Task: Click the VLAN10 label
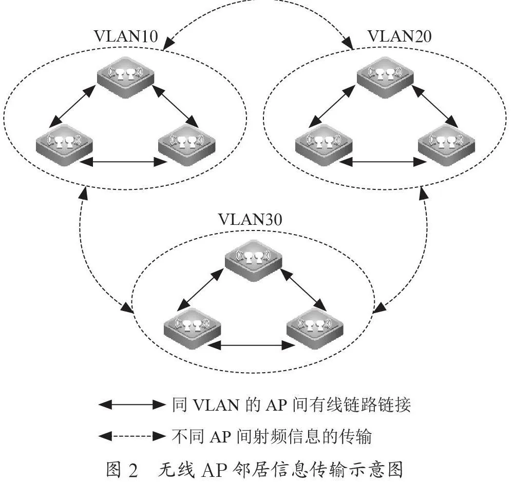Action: pyautogui.click(x=126, y=36)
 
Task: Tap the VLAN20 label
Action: pyautogui.click(x=400, y=36)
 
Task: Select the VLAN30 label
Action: pyautogui.click(x=250, y=219)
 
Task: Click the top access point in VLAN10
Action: pyautogui.click(x=126, y=77)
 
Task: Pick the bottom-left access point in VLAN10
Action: pyautogui.click(x=64, y=145)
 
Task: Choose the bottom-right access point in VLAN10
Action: pyautogui.click(x=187, y=145)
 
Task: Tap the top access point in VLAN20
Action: pyautogui.click(x=385, y=77)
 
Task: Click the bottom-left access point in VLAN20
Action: pyautogui.click(x=324, y=145)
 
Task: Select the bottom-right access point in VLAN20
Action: pyautogui.click(x=447, y=145)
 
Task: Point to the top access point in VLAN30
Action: pyautogui.click(x=254, y=260)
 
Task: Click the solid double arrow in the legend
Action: pyautogui.click(x=132, y=405)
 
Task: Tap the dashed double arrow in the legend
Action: pyautogui.click(x=132, y=436)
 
